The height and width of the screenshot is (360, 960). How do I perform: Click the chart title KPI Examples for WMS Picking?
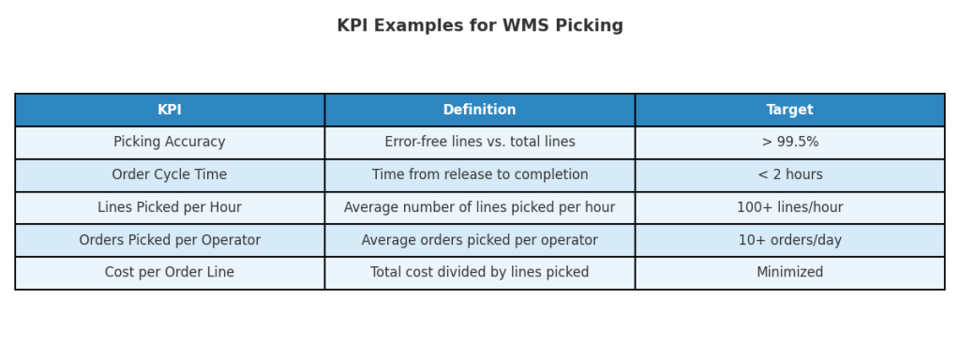pos(480,26)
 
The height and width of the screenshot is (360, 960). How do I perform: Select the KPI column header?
pos(170,110)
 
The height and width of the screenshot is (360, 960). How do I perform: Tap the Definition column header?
pos(480,110)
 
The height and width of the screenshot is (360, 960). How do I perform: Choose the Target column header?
pos(789,110)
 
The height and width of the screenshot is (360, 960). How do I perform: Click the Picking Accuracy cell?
pos(170,142)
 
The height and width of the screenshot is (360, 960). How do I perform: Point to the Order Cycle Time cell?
pos(170,175)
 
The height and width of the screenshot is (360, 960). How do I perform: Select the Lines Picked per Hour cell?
pos(170,208)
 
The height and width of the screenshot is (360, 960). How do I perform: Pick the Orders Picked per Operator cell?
pos(170,241)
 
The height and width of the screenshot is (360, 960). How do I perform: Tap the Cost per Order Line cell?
pos(170,273)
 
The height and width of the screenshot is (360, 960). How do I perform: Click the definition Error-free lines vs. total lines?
pos(480,142)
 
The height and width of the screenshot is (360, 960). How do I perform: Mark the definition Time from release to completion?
pos(480,175)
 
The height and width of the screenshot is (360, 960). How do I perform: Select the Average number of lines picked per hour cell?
pos(480,208)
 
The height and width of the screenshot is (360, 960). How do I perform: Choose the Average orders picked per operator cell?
pos(480,241)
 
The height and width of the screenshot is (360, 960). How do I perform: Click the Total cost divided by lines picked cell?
pos(480,273)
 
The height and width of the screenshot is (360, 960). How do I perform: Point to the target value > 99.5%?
pos(789,142)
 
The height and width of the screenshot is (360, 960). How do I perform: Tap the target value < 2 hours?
pos(789,175)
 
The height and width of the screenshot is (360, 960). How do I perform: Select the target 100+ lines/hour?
pos(789,208)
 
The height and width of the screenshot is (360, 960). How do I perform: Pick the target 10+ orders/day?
pos(789,241)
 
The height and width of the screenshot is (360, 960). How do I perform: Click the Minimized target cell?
pos(789,273)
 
